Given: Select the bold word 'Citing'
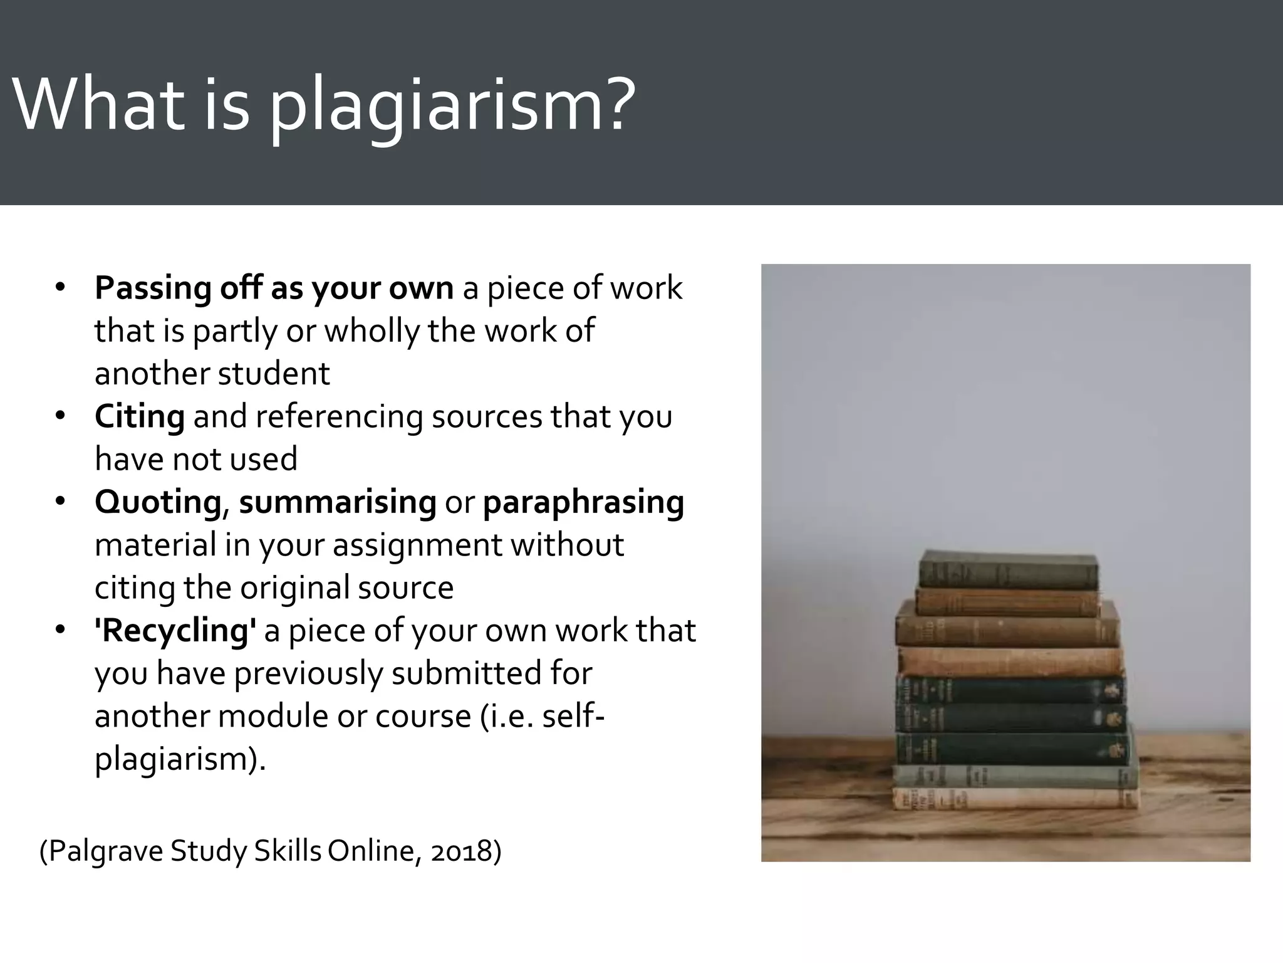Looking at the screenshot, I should [x=140, y=416].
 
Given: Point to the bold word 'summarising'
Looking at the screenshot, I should [x=338, y=502].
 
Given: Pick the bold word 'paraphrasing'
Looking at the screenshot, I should [x=583, y=503].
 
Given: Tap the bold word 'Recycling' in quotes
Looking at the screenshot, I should [x=175, y=631].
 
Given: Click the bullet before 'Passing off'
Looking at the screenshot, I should [x=60, y=288].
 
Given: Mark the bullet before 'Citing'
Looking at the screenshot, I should [x=60, y=416].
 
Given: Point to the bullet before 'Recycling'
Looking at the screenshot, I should [x=60, y=630].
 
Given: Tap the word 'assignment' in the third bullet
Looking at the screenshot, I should [x=417, y=545].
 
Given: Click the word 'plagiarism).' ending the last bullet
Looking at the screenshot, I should [x=180, y=759].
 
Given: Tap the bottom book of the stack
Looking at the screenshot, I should [x=1015, y=798].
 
